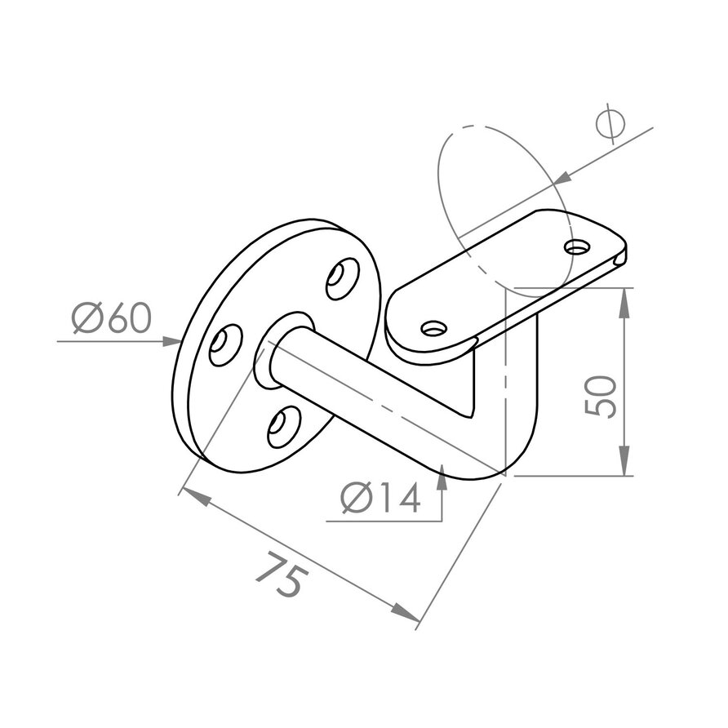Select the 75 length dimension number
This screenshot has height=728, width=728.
click(282, 577)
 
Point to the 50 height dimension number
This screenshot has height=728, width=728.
click(601, 397)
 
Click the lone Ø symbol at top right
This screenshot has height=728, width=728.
click(610, 124)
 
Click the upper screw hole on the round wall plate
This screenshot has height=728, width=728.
click(342, 278)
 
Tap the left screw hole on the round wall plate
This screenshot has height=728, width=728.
click(224, 345)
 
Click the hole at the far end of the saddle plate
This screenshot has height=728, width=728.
click(579, 245)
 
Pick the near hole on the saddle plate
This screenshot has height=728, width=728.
click(434, 328)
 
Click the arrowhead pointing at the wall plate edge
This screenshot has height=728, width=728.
click(172, 341)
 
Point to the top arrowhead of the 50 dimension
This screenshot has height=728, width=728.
click(624, 299)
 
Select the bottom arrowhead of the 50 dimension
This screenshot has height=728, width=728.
click(624, 465)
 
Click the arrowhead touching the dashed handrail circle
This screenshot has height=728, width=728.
click(562, 177)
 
